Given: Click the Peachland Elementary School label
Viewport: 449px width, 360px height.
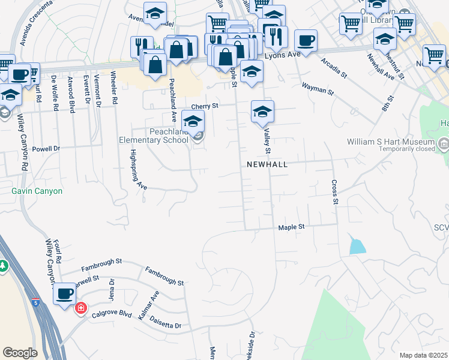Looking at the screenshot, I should pyautogui.click(x=152, y=136).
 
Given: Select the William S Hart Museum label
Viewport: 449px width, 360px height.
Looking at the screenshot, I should pyautogui.click(x=390, y=142).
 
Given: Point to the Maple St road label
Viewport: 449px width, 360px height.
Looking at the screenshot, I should pyautogui.click(x=292, y=227).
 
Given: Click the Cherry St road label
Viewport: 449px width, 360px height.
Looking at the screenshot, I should pyautogui.click(x=203, y=106).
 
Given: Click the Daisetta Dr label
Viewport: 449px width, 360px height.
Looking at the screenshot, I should pyautogui.click(x=165, y=322).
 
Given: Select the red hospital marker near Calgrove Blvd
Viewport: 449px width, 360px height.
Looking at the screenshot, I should pyautogui.click(x=80, y=308).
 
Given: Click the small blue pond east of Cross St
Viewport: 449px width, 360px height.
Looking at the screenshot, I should pyautogui.click(x=357, y=246).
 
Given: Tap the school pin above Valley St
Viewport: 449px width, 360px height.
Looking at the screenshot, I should pyautogui.click(x=262, y=112).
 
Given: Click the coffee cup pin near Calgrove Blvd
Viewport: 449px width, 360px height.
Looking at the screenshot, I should pyautogui.click(x=64, y=293).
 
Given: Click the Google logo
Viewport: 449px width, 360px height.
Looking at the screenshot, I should pyautogui.click(x=20, y=353).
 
